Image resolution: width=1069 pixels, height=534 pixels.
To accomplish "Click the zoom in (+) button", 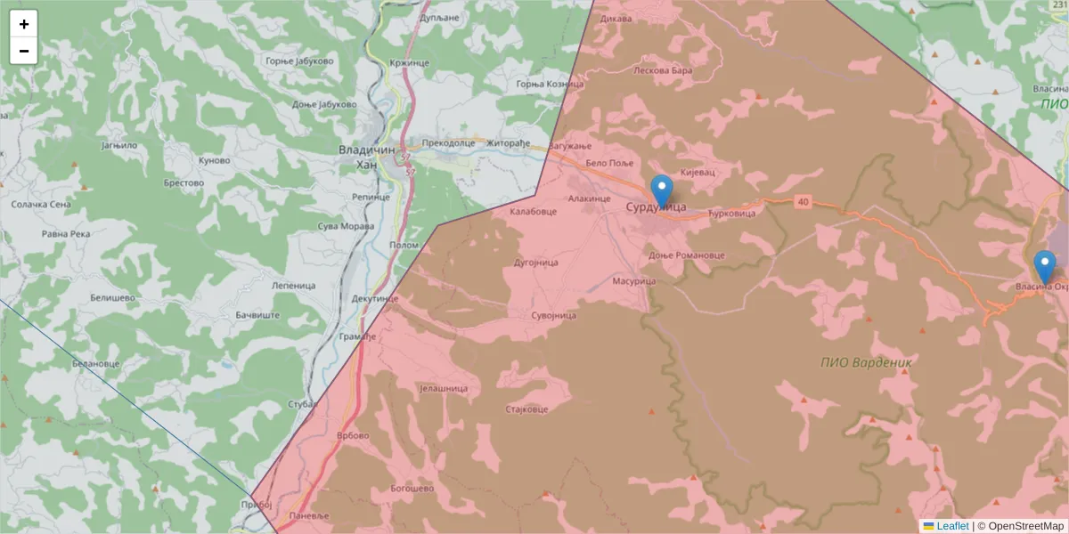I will coord(24,24).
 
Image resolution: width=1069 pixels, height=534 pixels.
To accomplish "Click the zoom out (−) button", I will coord(24,51).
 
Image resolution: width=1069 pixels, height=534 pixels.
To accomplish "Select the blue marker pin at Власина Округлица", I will coord(1044,266).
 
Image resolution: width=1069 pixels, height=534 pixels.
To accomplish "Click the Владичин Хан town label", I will coord(367,157).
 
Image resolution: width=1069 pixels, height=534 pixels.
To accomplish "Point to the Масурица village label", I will coord(633,281).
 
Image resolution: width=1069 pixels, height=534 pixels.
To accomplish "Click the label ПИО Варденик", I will coord(866,362).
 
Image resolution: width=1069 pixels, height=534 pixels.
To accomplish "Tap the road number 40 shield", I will coord(804,203).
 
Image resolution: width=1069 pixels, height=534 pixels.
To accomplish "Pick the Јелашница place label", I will coord(443,389).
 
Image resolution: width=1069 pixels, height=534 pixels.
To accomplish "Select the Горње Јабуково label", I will coord(298,61).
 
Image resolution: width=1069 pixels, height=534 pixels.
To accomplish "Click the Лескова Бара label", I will coord(662,69).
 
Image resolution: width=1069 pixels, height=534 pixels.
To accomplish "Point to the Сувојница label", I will coord(553,315).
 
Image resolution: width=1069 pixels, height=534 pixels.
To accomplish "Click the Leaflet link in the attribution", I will coord(952,526).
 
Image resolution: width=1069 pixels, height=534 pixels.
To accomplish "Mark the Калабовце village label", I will coord(533,212).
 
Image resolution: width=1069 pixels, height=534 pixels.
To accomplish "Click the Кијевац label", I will coord(698,171).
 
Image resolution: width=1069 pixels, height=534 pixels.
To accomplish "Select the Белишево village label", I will coord(111,297).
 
